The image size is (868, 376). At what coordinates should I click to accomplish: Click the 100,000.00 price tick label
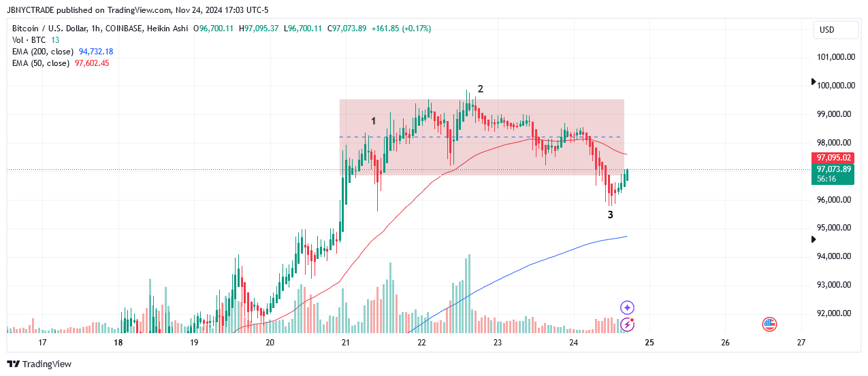(x=836, y=86)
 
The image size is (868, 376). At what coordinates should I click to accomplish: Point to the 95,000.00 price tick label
(x=836, y=228)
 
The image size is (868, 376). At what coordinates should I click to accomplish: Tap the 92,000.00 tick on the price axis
(x=836, y=313)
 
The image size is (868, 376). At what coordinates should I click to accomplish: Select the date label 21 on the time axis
(x=346, y=342)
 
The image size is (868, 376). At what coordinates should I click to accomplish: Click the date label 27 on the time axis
(x=801, y=342)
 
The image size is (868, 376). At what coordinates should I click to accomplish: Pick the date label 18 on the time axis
(x=118, y=342)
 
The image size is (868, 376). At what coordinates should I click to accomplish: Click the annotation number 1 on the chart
(x=374, y=121)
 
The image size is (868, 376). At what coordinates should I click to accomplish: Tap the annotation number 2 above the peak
(x=481, y=89)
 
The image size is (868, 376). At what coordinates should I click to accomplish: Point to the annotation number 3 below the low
(x=611, y=215)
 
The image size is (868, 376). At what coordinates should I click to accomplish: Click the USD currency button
(x=826, y=30)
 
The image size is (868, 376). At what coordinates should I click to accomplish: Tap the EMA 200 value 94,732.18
(x=96, y=52)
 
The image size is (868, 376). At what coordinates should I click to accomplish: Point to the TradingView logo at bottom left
(x=39, y=364)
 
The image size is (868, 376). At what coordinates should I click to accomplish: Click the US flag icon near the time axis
(x=770, y=324)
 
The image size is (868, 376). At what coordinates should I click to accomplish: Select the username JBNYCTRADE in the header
(x=30, y=10)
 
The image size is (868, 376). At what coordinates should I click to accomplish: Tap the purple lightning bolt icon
(x=628, y=324)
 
